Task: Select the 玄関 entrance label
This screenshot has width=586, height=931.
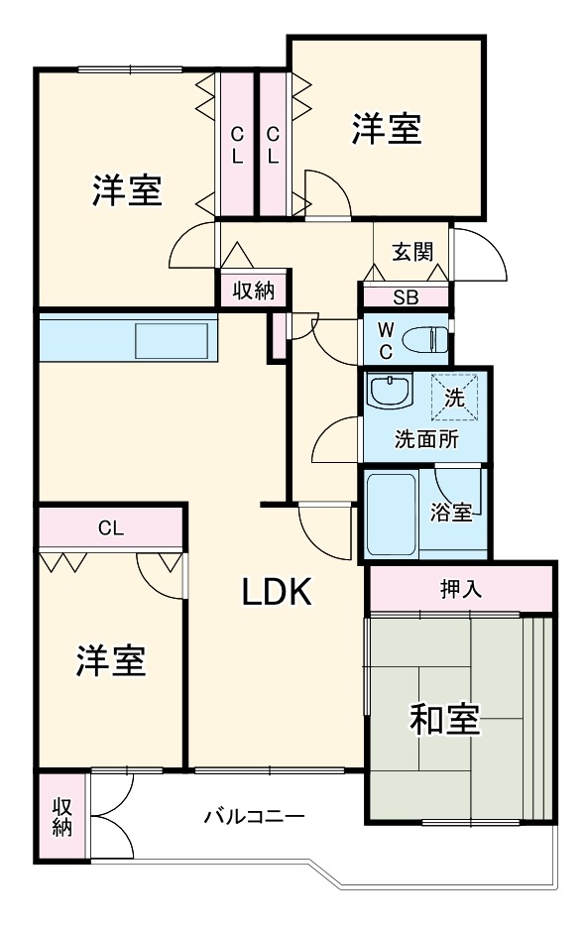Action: pos(411,251)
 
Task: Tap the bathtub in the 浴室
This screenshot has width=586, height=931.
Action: pos(392,513)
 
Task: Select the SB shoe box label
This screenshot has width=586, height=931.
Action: pos(406,297)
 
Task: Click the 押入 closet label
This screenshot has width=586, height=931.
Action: pos(460,589)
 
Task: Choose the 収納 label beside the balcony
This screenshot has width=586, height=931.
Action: pos(62,816)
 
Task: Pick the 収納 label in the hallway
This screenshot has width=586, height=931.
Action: pos(253,291)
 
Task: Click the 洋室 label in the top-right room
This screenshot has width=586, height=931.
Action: pos(387,129)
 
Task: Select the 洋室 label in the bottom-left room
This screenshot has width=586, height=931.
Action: pos(111,660)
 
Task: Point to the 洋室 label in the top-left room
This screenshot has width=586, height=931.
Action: pos(128,189)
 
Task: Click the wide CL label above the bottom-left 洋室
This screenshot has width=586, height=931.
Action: pos(110,527)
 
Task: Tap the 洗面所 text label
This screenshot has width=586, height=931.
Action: pos(426,439)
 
